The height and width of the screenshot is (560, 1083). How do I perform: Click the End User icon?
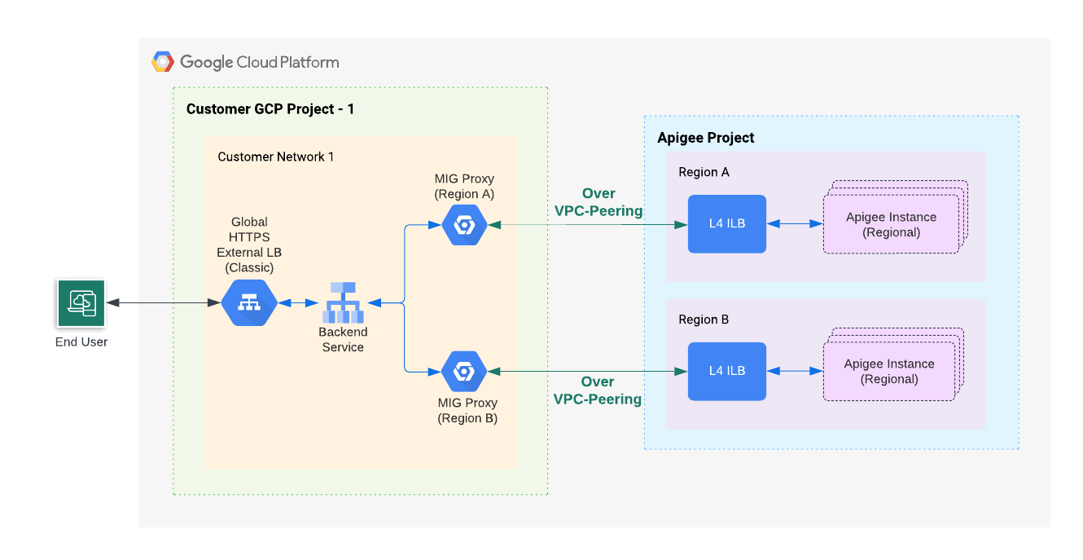click(x=81, y=303)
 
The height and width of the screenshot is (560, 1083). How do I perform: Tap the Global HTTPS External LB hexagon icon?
click(x=249, y=303)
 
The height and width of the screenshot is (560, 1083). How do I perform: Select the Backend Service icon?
click(x=342, y=302)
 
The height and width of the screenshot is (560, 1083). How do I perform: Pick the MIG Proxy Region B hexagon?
click(x=464, y=372)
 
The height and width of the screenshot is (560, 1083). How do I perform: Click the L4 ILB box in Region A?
click(x=727, y=224)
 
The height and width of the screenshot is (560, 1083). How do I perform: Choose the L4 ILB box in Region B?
click(x=727, y=371)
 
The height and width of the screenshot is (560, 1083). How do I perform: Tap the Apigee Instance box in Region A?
click(x=891, y=224)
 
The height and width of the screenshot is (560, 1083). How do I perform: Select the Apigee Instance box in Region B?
click(x=888, y=372)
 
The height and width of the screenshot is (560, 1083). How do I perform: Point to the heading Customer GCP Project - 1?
click(x=270, y=109)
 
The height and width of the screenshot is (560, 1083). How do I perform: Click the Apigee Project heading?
click(x=706, y=138)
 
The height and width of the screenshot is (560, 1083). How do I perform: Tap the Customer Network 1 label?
click(x=276, y=157)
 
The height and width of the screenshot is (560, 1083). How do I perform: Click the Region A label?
click(x=704, y=172)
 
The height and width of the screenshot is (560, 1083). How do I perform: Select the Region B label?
click(x=704, y=320)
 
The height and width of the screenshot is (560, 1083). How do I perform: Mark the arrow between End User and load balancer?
click(x=163, y=303)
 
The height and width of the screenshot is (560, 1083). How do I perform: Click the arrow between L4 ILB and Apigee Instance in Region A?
click(x=795, y=224)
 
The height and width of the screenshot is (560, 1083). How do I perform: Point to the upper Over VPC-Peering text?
click(x=598, y=202)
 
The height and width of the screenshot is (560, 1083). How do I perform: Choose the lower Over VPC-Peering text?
click(x=598, y=390)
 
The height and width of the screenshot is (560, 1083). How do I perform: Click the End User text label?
click(x=81, y=342)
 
